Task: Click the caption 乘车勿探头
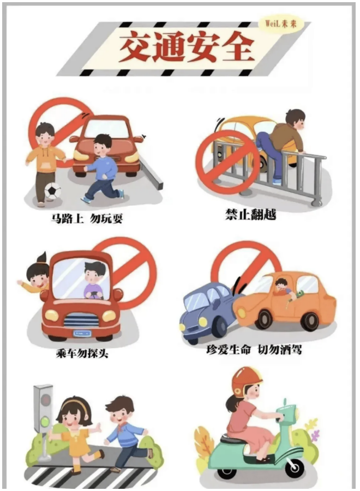82,353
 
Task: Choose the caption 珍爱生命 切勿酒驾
261,349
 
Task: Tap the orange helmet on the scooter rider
246,380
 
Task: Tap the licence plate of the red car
82,331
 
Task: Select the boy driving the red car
94,280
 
